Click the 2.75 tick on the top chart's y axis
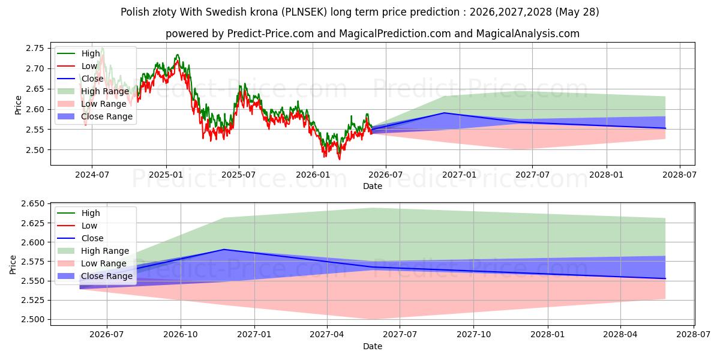35,48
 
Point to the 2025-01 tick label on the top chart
166,175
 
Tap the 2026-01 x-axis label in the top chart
313,175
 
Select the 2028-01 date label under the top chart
607,175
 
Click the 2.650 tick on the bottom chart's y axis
32,204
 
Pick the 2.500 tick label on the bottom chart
32,319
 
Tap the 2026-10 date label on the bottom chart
181,335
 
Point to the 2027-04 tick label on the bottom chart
327,335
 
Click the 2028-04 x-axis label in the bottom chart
620,335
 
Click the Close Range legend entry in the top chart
95,116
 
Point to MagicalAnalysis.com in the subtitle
528,34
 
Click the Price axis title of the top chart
18,105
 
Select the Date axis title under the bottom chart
373,346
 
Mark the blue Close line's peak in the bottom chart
224,250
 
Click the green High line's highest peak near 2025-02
178,55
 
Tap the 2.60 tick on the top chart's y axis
35,109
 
